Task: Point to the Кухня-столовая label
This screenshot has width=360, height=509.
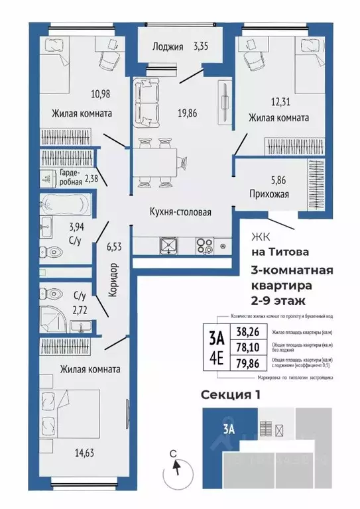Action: click(180, 213)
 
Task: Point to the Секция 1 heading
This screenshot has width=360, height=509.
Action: click(231, 394)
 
